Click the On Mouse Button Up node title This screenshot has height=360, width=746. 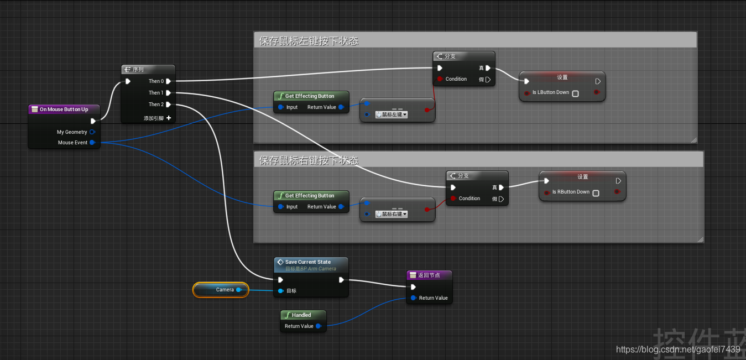click(64, 109)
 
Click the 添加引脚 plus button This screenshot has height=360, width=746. click(169, 118)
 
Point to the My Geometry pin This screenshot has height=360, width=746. click(92, 132)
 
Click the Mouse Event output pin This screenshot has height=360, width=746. click(92, 143)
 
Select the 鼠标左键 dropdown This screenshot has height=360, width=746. click(392, 114)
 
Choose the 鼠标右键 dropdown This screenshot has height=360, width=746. click(392, 214)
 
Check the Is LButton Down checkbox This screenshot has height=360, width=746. click(575, 93)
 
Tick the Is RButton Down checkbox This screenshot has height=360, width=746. click(596, 193)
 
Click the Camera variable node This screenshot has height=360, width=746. click(221, 290)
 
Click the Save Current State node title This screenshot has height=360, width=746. click(308, 262)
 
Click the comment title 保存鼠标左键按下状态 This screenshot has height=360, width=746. click(309, 41)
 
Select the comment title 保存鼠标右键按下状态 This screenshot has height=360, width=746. click(309, 160)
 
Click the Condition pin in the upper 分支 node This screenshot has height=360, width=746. click(440, 79)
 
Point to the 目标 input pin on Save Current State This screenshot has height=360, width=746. click(281, 291)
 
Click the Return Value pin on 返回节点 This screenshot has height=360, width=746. click(413, 298)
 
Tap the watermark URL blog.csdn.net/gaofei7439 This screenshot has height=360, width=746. click(677, 349)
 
